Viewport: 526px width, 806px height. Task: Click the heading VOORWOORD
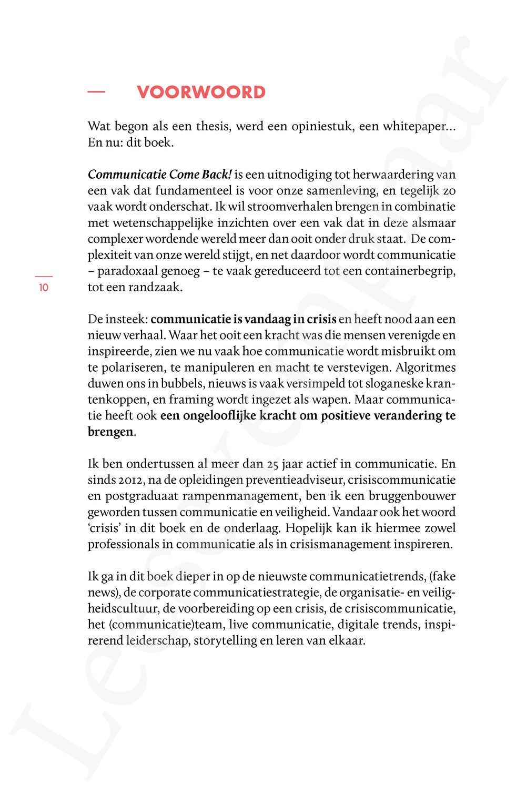pyautogui.click(x=201, y=93)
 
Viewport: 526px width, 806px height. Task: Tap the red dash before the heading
pyautogui.click(x=96, y=92)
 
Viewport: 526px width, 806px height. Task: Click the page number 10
pyautogui.click(x=43, y=288)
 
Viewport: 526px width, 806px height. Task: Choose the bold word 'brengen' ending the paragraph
pyautogui.click(x=110, y=432)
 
